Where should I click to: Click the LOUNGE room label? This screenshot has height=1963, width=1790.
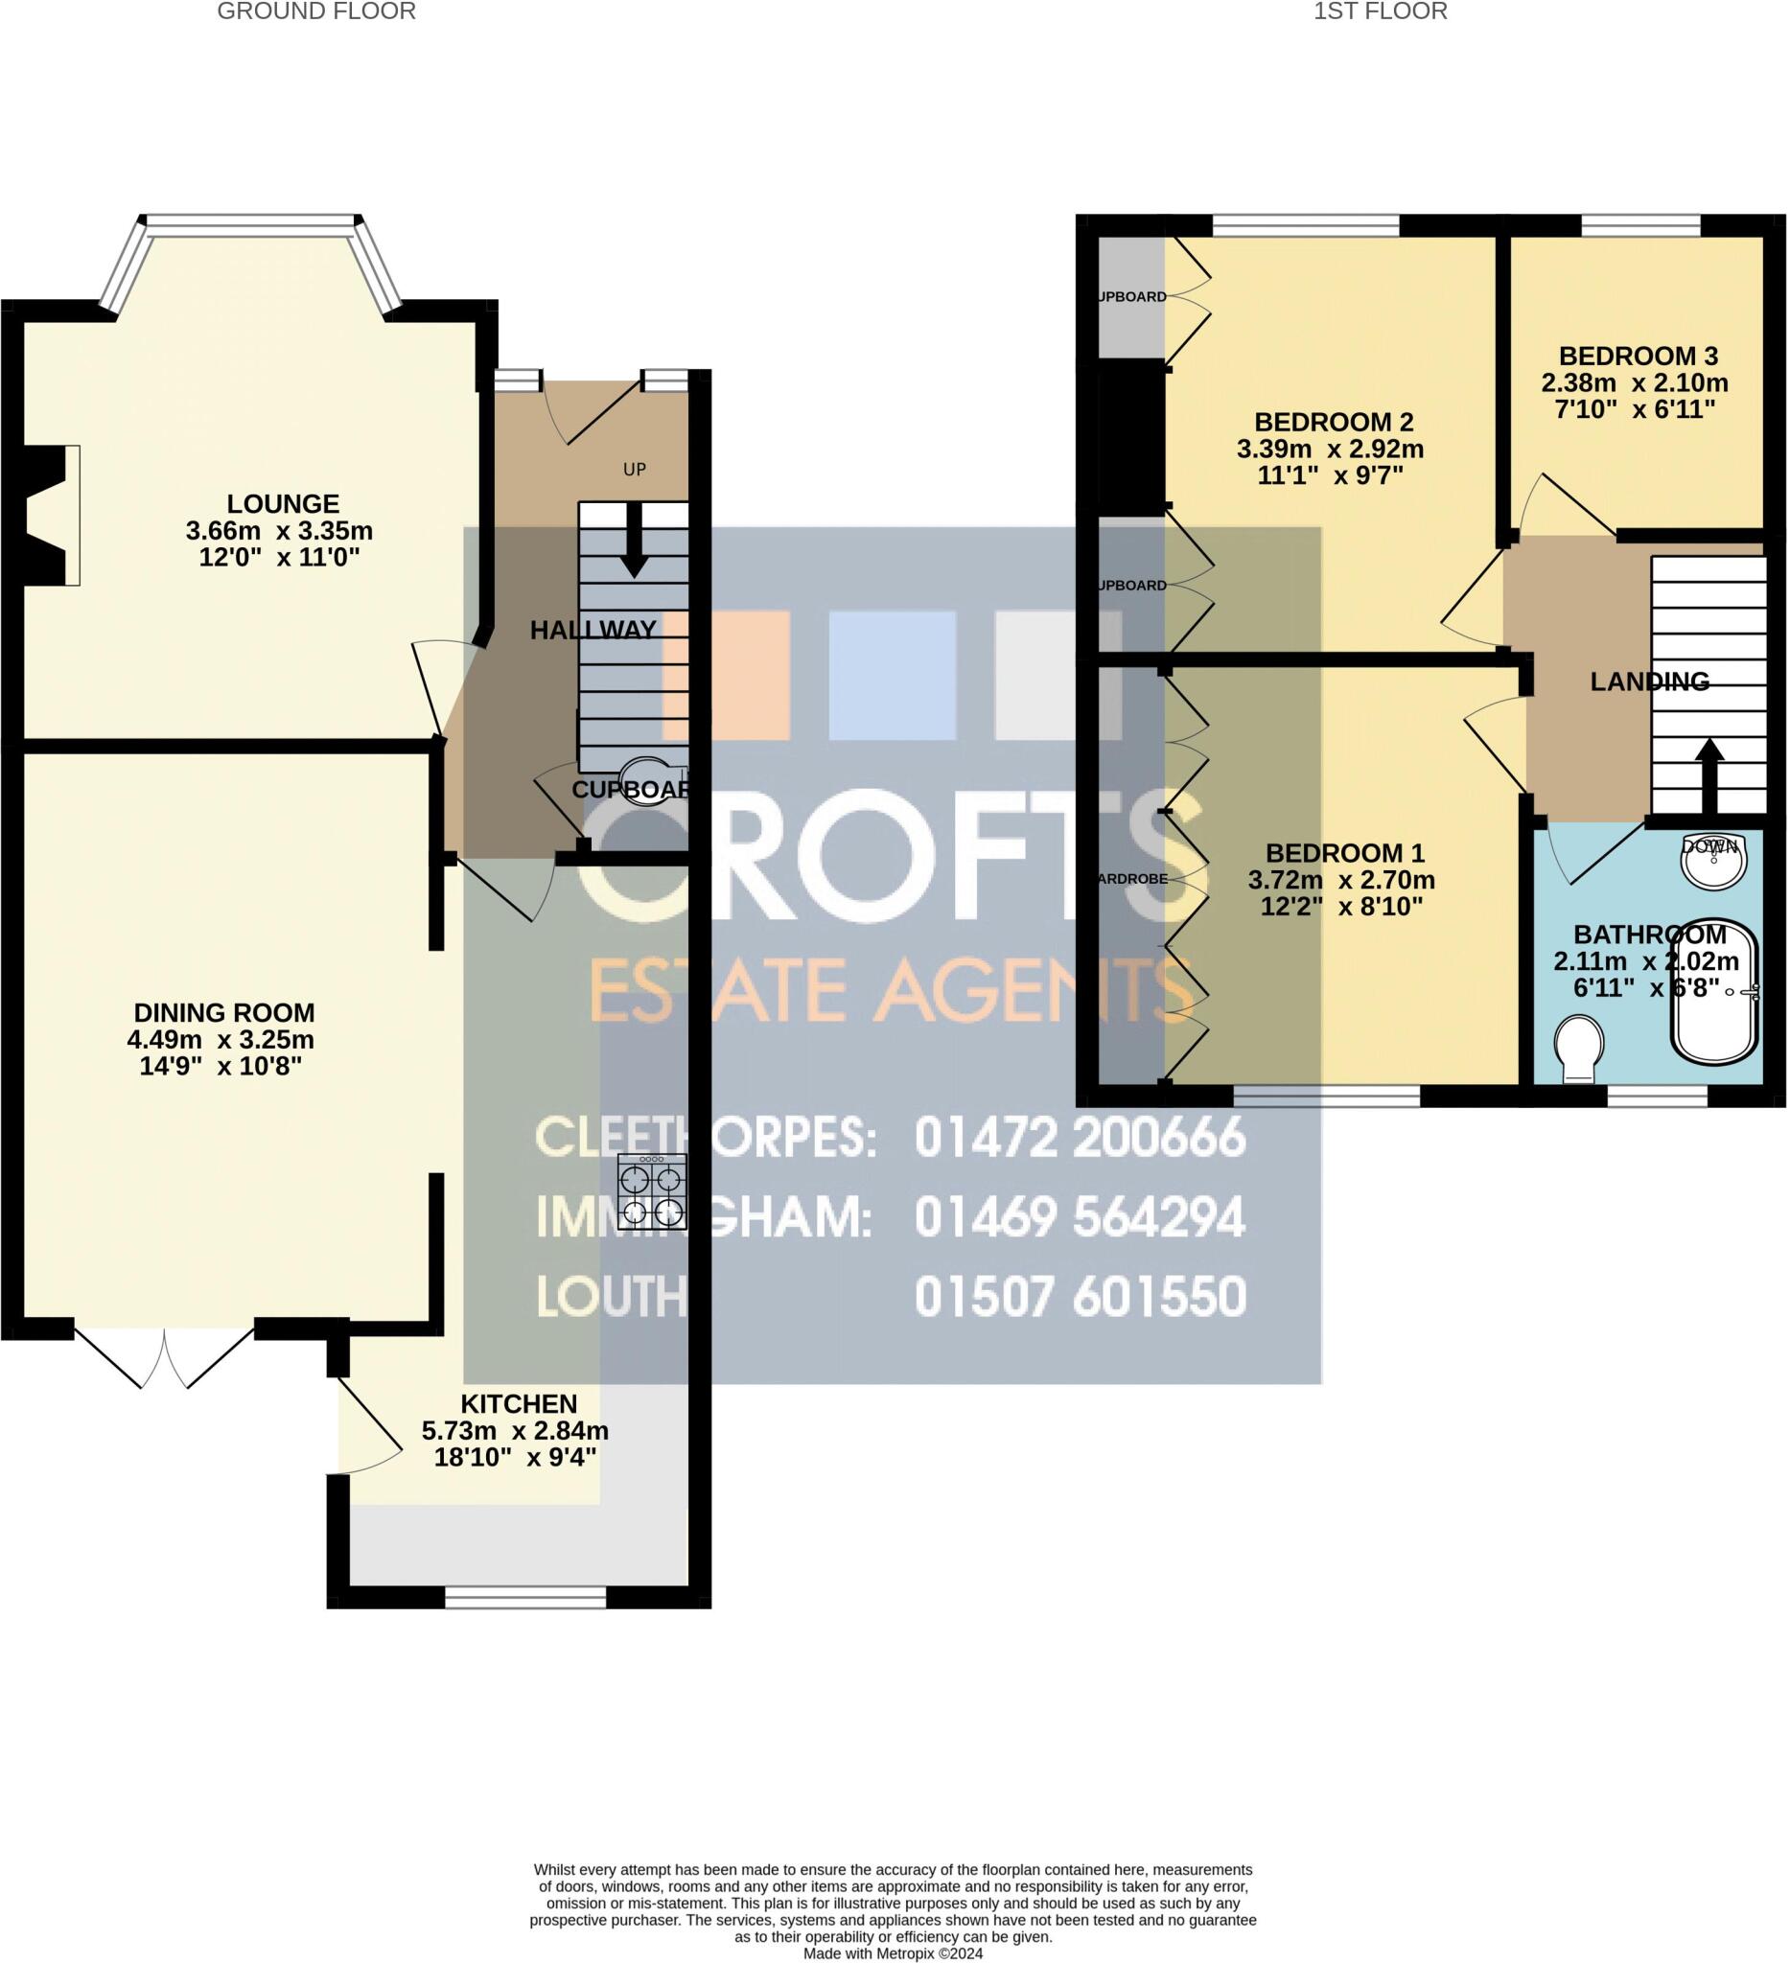point(283,503)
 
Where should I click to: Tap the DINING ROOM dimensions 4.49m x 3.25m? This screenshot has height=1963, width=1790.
point(221,1039)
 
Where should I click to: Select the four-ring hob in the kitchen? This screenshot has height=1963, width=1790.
point(653,1194)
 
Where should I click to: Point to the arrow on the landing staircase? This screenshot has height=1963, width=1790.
point(1709,774)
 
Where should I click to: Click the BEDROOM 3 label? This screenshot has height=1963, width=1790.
point(1639,356)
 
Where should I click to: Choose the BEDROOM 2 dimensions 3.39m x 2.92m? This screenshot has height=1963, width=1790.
point(1331,449)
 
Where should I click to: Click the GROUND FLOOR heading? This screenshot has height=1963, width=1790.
point(316,12)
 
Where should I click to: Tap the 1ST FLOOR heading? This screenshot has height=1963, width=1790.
point(1380,12)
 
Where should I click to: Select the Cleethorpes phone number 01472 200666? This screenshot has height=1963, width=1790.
point(1079,1138)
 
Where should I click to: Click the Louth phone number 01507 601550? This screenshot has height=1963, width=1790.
point(1079,1296)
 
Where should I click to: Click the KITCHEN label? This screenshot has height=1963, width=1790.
point(518,1404)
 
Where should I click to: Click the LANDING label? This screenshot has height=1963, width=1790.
point(1649,681)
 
